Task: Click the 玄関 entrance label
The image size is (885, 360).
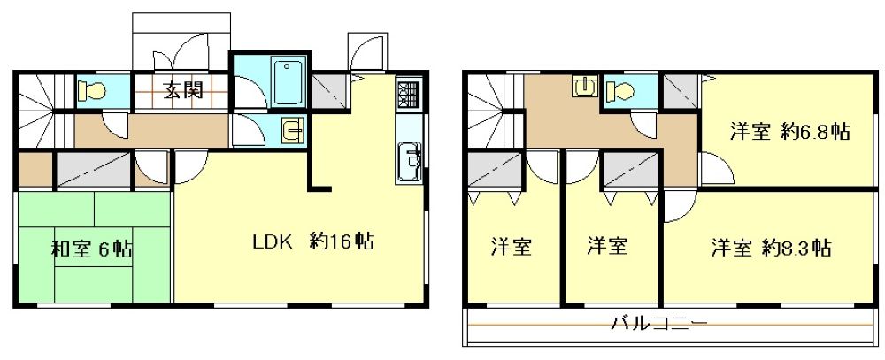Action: (x=183, y=89)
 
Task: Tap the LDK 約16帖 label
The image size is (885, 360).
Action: (x=312, y=242)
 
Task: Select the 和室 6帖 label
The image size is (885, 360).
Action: (x=92, y=249)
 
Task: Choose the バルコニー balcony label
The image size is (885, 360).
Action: (x=659, y=324)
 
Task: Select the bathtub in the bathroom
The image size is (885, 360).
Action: (x=289, y=82)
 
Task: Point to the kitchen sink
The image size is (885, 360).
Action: (x=408, y=161)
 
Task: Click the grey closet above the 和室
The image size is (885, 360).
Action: (x=94, y=170)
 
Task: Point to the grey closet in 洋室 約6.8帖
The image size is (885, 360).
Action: (x=680, y=91)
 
